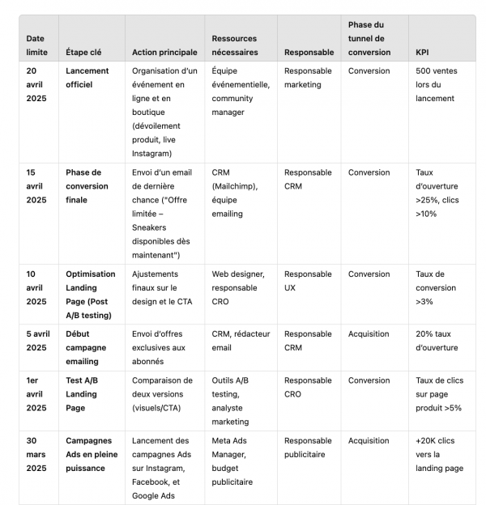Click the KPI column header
point(422,53)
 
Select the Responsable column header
point(309,53)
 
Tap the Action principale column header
point(164,53)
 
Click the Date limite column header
point(36,45)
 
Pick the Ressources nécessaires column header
point(235,45)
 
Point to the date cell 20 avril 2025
point(36,84)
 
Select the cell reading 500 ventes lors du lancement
point(437,84)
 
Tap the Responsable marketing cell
point(308,78)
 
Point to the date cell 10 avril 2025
point(36,287)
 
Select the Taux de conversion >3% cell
point(438,287)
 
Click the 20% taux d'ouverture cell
point(437,341)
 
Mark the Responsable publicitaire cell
point(308,448)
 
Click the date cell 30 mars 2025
point(36,455)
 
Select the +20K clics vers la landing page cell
point(440,455)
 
